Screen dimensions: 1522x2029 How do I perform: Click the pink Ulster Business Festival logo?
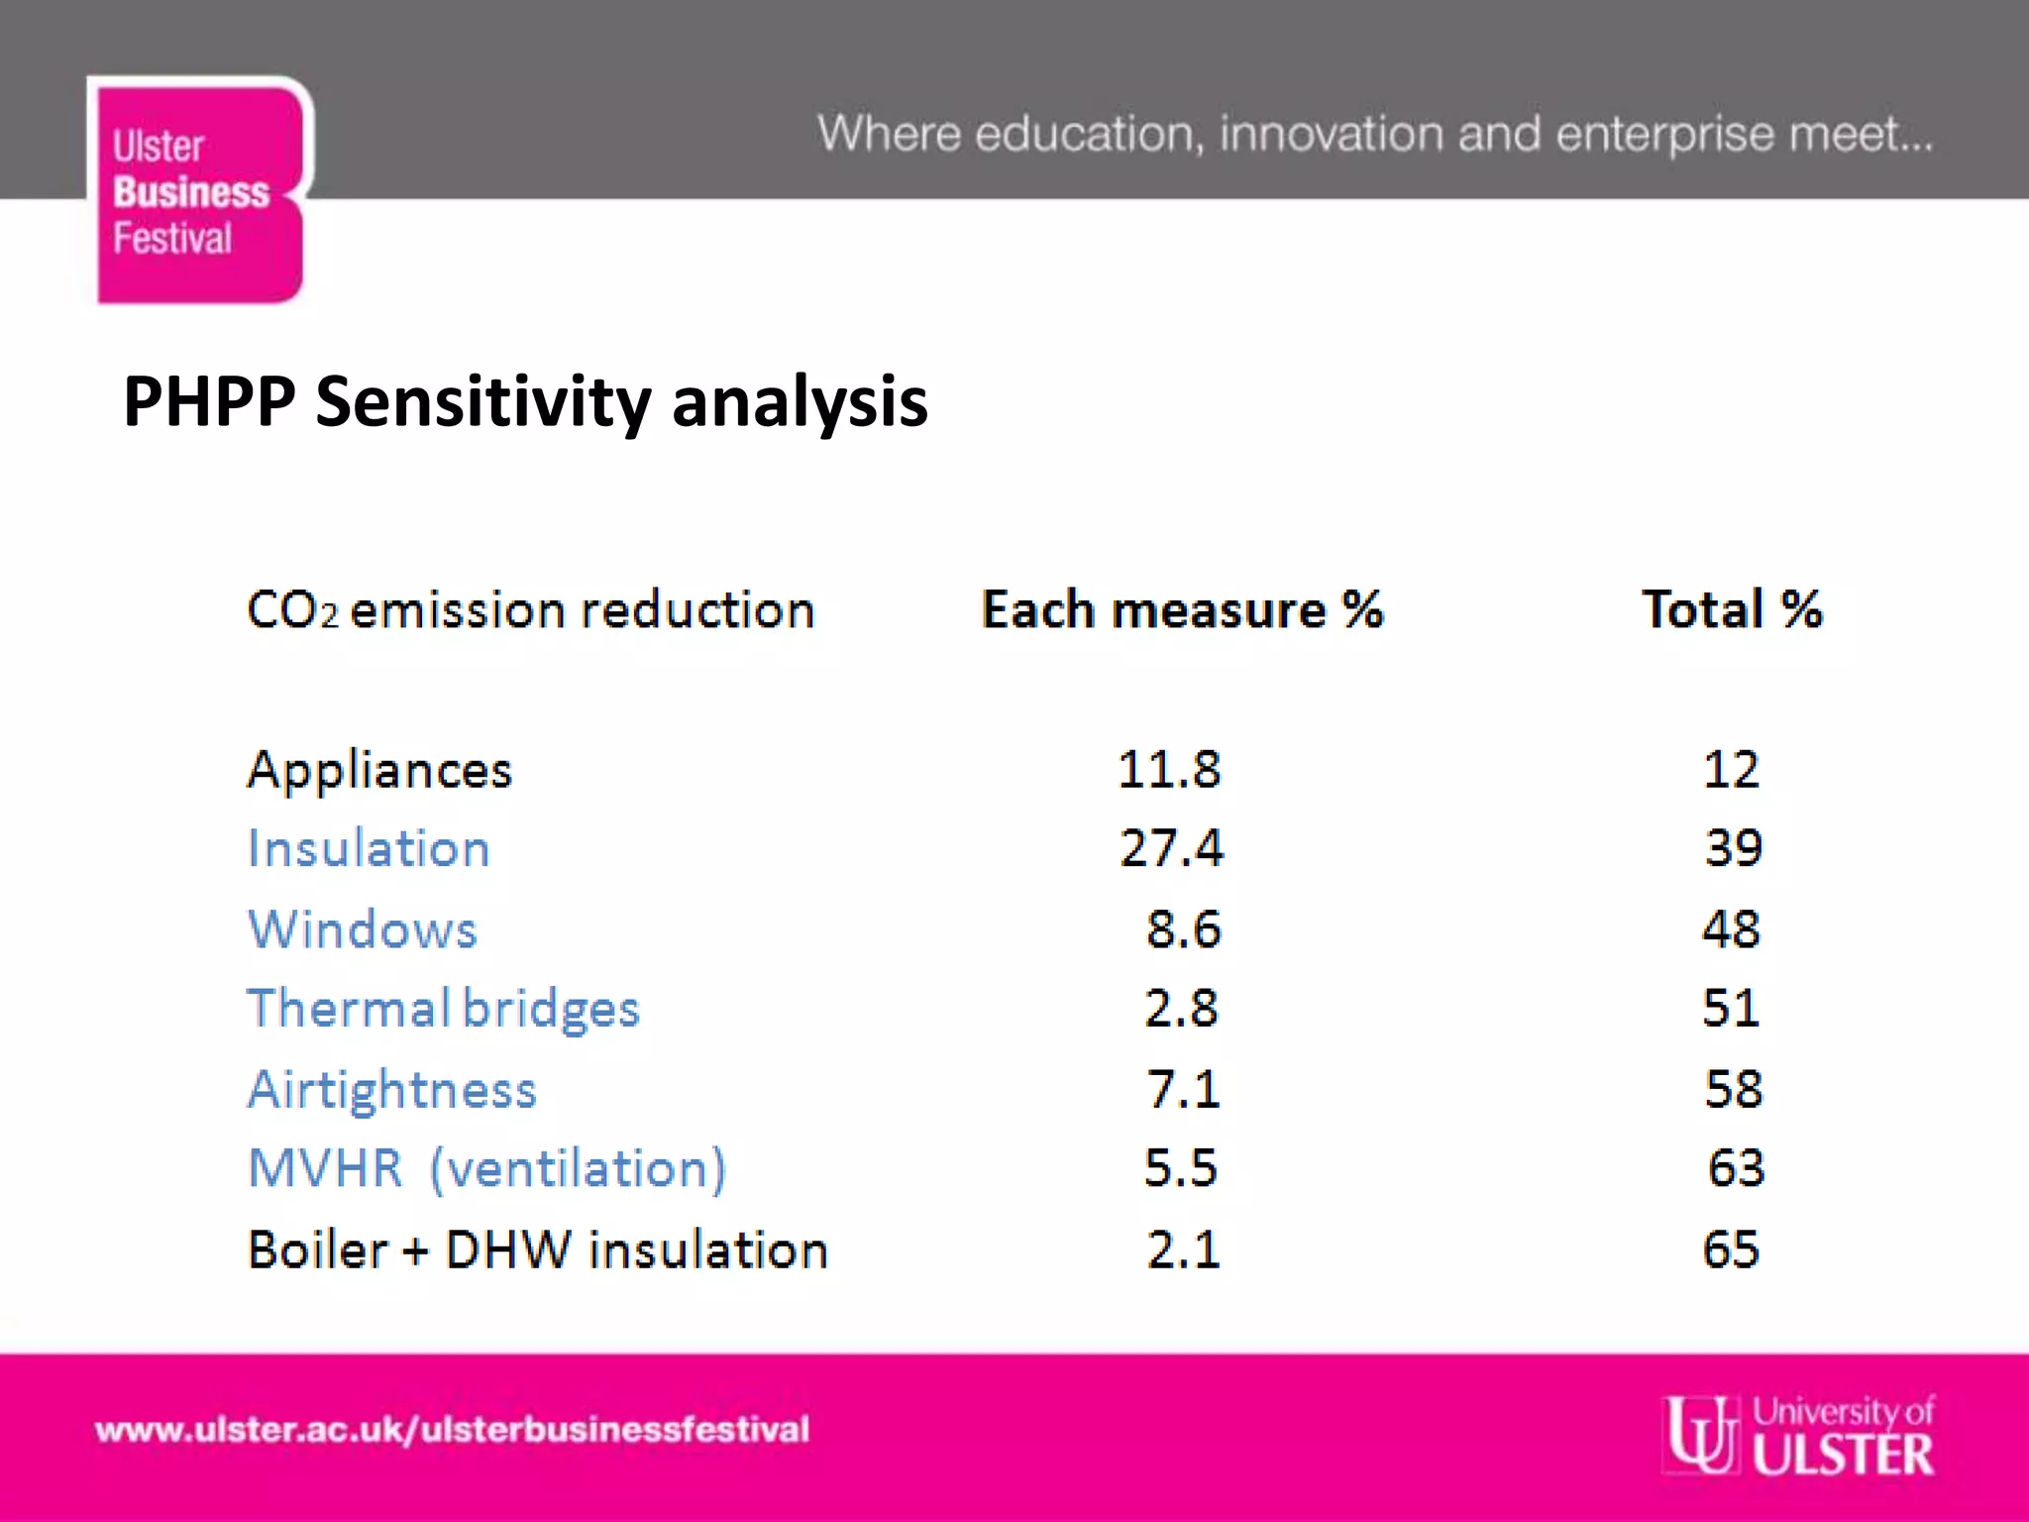(x=198, y=191)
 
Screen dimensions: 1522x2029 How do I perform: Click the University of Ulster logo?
(x=1798, y=1434)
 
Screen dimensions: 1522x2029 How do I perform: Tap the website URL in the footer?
(x=452, y=1430)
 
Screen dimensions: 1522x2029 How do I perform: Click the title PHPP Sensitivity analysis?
(x=525, y=401)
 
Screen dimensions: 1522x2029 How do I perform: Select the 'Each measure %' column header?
(x=1181, y=609)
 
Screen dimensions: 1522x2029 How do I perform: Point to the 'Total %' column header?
(x=1732, y=609)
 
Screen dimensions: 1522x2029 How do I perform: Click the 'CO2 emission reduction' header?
(x=530, y=609)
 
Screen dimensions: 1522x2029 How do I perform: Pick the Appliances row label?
(x=379, y=771)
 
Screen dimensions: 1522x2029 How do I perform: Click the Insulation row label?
(x=369, y=849)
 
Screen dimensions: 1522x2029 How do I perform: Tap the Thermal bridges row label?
(x=443, y=1009)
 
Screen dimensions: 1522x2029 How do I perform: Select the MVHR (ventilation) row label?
(x=486, y=1168)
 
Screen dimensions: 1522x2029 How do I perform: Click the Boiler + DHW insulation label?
(x=537, y=1250)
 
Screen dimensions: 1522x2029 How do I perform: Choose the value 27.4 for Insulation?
(x=1171, y=848)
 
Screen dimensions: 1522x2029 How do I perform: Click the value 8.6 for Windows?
(x=1183, y=929)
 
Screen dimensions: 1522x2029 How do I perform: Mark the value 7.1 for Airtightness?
(x=1183, y=1089)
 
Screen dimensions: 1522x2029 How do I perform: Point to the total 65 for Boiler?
(x=1731, y=1250)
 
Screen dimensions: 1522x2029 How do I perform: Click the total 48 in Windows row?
(x=1731, y=929)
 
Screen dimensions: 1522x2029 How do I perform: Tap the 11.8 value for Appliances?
(x=1169, y=770)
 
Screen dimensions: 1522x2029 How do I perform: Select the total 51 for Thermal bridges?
(x=1731, y=1009)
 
